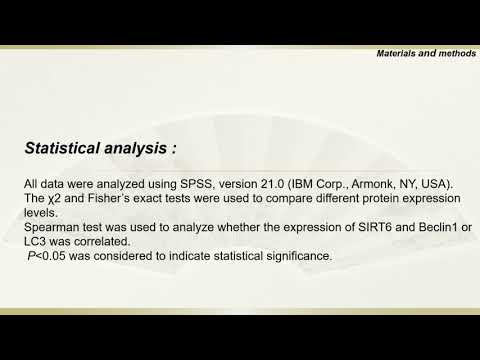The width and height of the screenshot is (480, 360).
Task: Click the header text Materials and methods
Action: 426,53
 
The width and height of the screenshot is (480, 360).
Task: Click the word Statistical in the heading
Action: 62,148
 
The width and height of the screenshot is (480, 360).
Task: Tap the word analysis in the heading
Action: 136,149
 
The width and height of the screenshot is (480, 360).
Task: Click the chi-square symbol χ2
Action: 54,199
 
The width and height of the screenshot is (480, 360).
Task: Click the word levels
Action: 41,213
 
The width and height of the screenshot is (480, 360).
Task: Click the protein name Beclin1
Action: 438,227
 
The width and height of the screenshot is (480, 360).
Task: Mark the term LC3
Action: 35,241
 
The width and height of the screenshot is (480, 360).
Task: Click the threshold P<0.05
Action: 47,256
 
